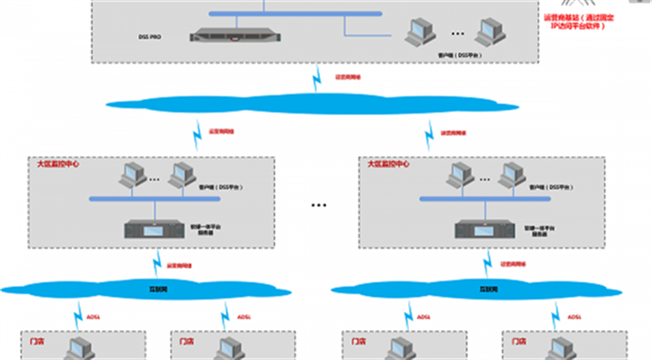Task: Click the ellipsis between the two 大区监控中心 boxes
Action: tap(319, 205)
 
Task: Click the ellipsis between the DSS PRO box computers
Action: tap(456, 34)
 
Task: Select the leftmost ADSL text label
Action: tap(84, 317)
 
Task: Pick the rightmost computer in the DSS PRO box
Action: tap(488, 33)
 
